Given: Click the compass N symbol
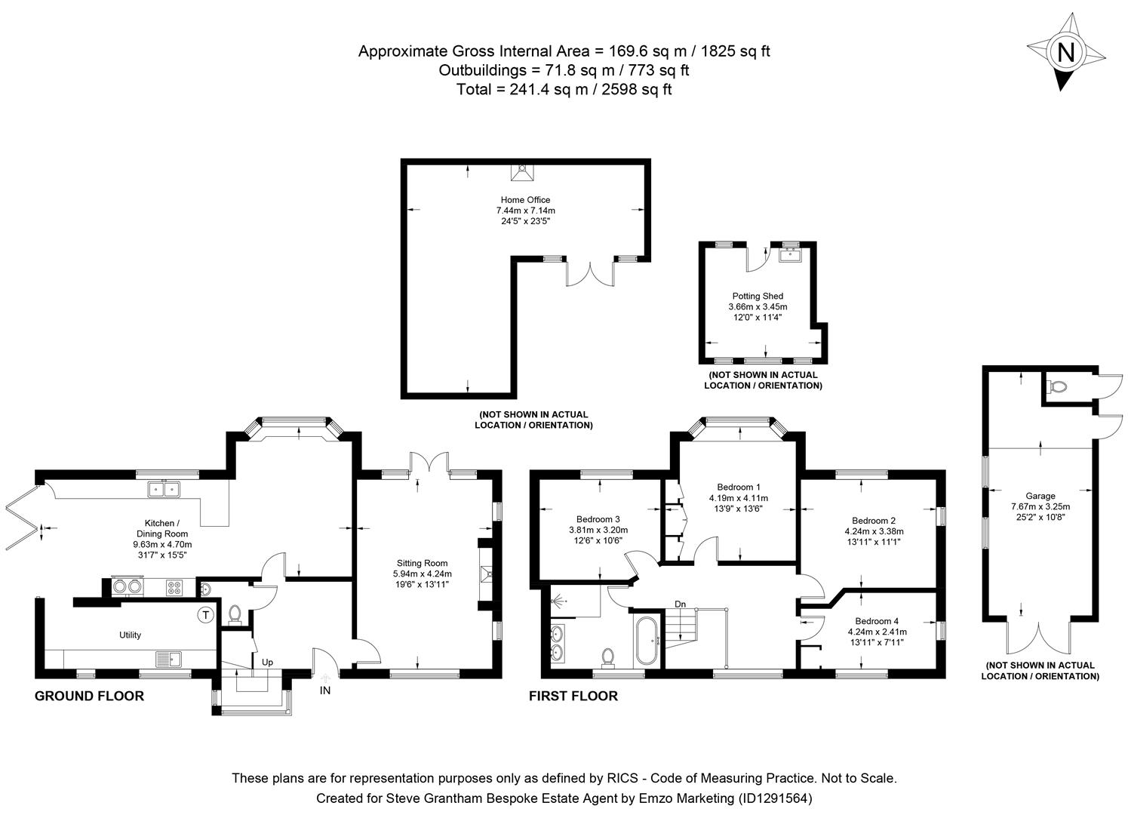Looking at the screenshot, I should coord(1065,52).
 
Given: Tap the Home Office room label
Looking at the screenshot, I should coord(525,200).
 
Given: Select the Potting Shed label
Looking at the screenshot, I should coord(757,297).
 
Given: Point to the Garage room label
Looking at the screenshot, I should coord(1040,497).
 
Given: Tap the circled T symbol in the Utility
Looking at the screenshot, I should coord(205,615).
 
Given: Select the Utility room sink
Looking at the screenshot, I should coord(169,659).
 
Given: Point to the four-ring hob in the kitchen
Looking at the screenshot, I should coord(174,586).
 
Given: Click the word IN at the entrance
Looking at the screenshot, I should coord(325,690).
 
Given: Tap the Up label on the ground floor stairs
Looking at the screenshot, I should coord(267,663).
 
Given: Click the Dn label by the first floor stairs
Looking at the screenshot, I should coord(680,604).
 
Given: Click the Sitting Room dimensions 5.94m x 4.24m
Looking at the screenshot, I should coord(423,574).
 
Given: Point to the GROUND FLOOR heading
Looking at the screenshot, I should coord(89,696).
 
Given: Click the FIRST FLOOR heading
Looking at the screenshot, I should coord(573,696).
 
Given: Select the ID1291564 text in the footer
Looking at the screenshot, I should coord(775,798).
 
